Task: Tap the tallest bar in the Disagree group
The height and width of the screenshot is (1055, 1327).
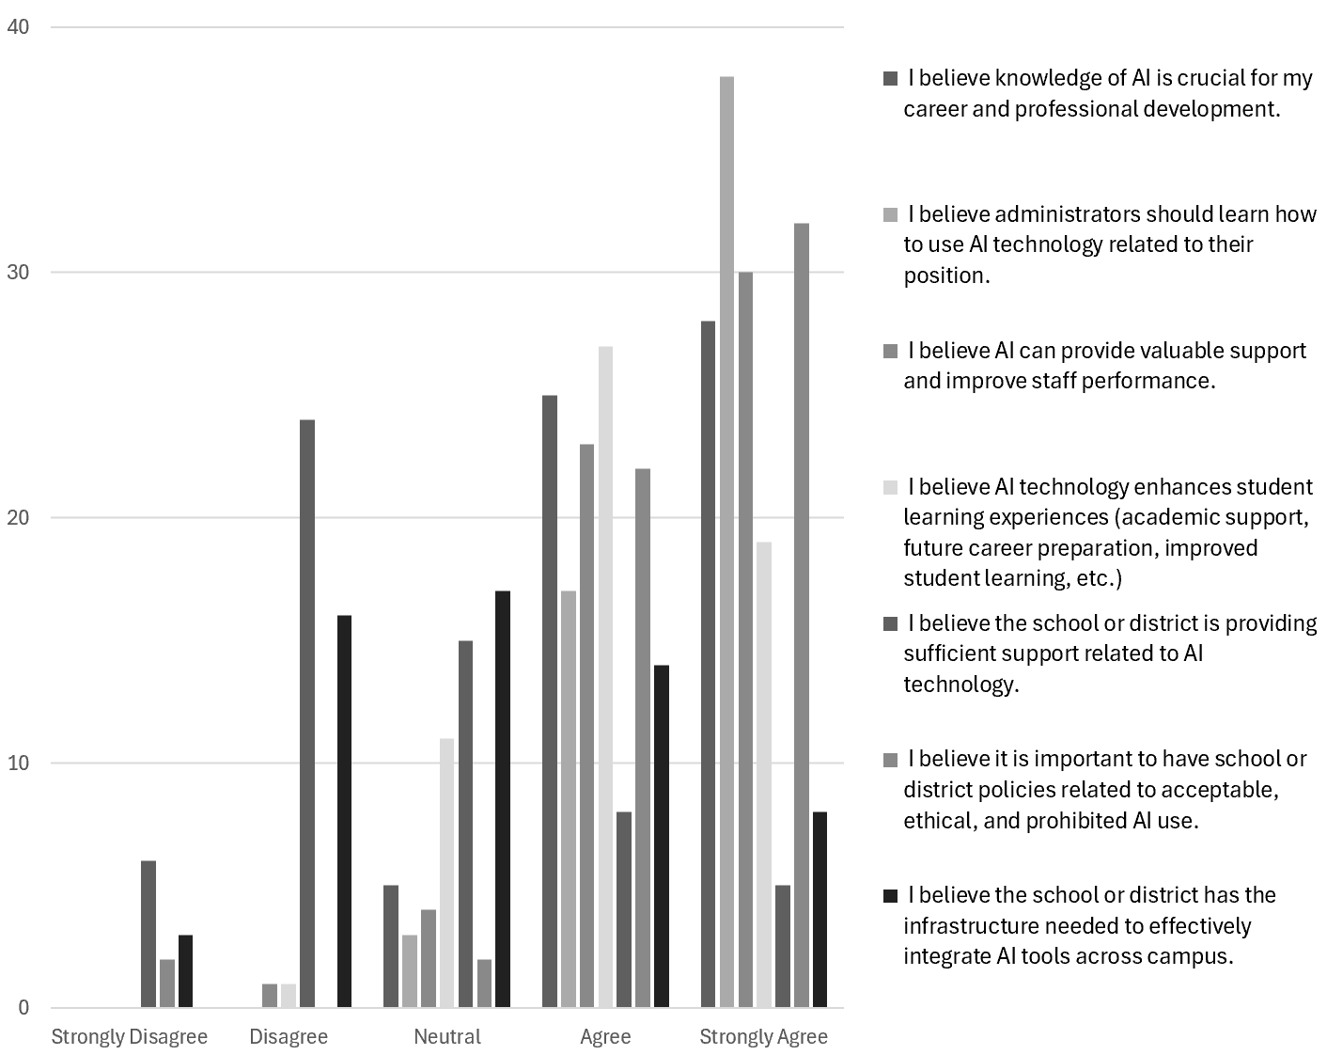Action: (307, 714)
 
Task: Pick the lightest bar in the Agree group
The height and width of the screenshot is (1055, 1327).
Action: (605, 677)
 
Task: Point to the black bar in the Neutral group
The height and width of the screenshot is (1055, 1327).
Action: (503, 799)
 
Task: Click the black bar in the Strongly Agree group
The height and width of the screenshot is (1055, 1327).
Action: (820, 909)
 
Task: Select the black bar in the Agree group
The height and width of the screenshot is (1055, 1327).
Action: (662, 836)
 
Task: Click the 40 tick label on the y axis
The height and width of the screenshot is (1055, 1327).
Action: (18, 27)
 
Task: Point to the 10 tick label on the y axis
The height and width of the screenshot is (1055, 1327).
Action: (18, 763)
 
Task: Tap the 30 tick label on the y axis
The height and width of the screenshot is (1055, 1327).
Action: (18, 273)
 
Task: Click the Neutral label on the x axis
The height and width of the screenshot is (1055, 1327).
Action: (447, 1037)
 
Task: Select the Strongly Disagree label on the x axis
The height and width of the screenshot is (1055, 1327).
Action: (129, 1037)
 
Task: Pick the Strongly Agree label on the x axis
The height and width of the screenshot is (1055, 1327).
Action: (763, 1037)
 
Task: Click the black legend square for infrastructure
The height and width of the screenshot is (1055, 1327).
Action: (891, 896)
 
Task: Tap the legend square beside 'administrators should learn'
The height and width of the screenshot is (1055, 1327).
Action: (891, 215)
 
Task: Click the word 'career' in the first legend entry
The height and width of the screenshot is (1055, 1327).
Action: (934, 109)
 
